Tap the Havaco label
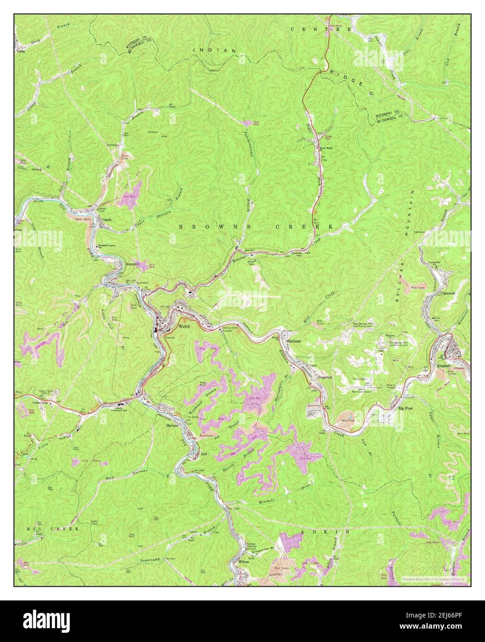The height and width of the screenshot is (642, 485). [x=172, y=425]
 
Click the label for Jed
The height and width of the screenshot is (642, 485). [x=204, y=454]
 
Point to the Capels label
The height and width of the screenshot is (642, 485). [x=107, y=219]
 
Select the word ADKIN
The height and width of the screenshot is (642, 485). [x=315, y=532]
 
